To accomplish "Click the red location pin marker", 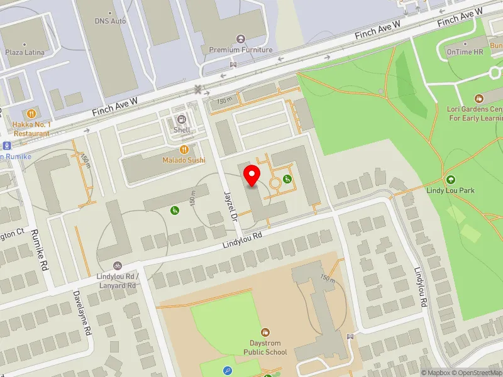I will click(252, 175).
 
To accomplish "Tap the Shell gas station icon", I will click(182, 119).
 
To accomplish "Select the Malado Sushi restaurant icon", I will click(184, 150).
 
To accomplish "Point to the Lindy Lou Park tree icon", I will click(450, 180).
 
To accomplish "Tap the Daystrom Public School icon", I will click(265, 332).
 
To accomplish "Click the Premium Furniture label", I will click(241, 50).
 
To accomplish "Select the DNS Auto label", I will click(111, 21).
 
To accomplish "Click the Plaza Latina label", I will click(25, 53).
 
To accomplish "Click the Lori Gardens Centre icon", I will click(478, 99).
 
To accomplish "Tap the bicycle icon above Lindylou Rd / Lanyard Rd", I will click(117, 266).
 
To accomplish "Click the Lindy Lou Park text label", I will click(450, 190).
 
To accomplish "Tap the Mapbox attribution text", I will click(436, 373).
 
